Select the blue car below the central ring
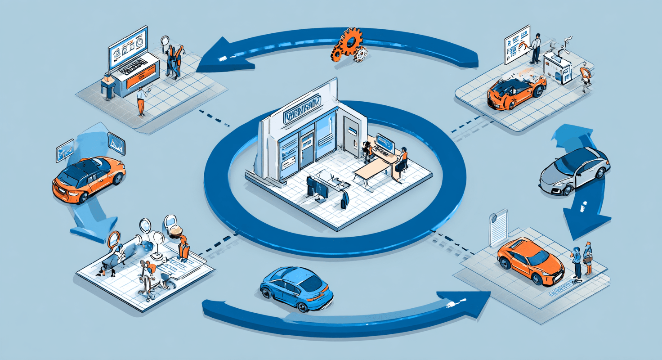[297, 288]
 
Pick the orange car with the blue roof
[89, 178]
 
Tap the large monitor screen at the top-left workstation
[128, 47]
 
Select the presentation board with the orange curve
[517, 45]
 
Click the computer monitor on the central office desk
[385, 144]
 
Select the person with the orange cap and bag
[587, 259]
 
